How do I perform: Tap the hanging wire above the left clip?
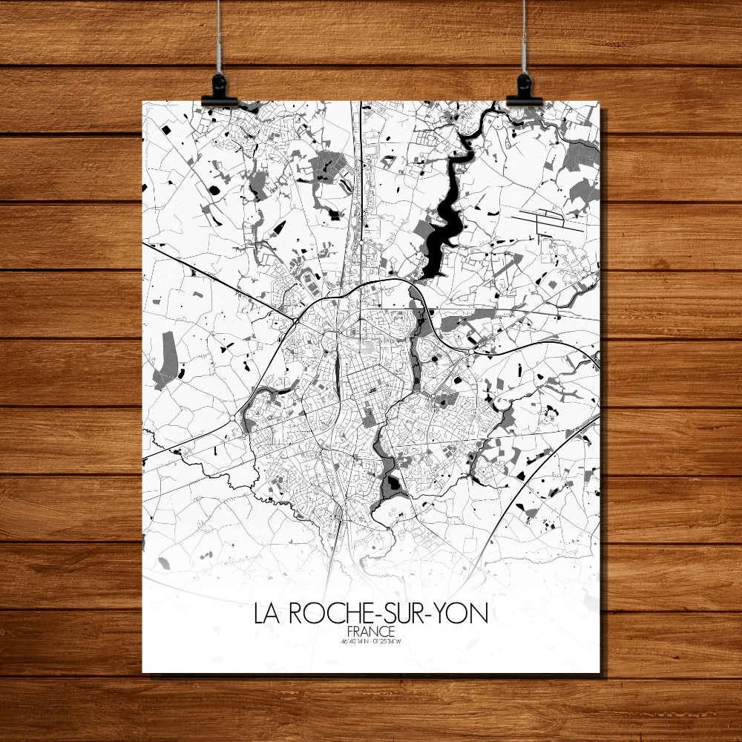219,37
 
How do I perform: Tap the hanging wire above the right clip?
524,37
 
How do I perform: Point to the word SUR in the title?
398,614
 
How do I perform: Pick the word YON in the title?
462,614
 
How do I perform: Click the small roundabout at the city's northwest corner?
296,321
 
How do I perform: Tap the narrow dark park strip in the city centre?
338,371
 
